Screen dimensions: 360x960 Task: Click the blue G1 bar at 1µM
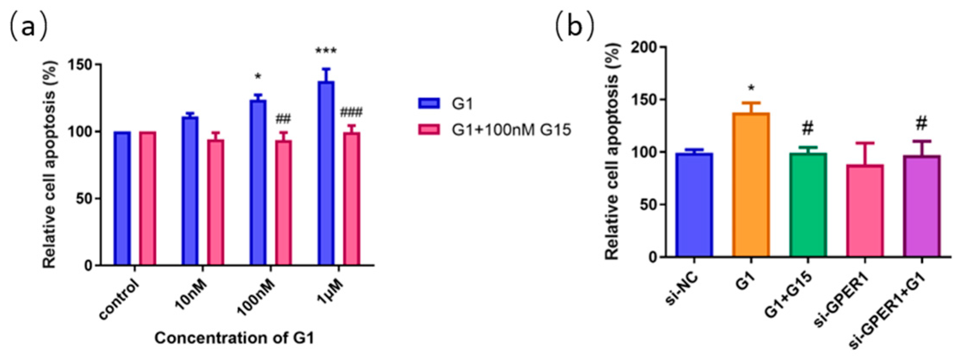(x=326, y=173)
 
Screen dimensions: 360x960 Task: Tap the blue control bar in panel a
(x=122, y=199)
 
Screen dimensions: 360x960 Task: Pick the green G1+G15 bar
(x=808, y=205)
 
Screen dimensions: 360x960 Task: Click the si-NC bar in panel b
(x=694, y=205)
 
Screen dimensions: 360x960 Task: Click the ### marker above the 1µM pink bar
(x=351, y=113)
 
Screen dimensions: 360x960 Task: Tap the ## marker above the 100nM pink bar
(x=283, y=119)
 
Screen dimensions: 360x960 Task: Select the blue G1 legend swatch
(x=428, y=104)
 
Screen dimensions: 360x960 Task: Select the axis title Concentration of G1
(x=234, y=338)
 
